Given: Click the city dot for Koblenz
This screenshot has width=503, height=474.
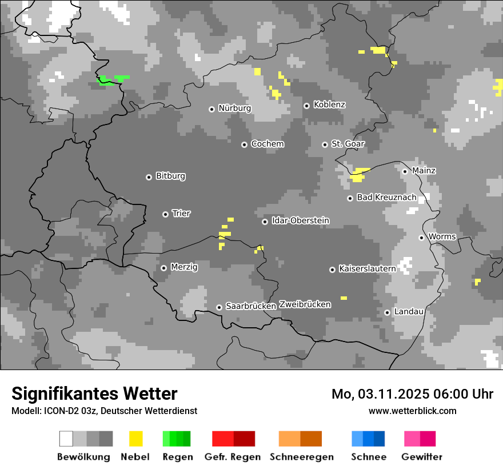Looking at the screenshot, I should coord(306,106).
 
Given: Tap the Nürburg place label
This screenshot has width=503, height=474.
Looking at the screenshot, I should coord(234,109).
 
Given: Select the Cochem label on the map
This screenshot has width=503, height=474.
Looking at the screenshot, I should coord(267,144).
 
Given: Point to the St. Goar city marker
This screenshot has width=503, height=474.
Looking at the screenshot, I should coord(325,144).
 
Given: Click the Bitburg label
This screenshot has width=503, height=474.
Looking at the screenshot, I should coord(170,176).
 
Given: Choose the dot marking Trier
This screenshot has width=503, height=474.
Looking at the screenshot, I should coord(165,214).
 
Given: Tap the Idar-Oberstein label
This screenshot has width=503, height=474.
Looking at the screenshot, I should coord(300,221).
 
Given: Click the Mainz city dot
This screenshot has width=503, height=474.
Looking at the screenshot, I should coord(405,171).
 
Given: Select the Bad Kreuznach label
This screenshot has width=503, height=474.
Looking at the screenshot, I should coord(386,198).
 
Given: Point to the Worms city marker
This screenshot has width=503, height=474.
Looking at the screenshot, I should coord(421,238).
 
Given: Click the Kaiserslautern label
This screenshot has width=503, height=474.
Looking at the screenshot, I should coord(367,269).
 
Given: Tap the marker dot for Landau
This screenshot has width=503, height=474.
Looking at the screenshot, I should coord(387,312).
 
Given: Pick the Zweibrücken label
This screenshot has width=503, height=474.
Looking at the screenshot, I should coord(305,305).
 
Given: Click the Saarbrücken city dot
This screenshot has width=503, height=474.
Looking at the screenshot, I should coord(219,307).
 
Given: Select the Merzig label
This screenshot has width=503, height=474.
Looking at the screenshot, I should coord(184,267).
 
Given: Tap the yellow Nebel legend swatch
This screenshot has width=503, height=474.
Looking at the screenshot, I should coord(135,439).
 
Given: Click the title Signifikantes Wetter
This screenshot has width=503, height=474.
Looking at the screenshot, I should coord(94,394).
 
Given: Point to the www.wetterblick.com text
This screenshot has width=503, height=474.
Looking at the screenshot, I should coord(412,411).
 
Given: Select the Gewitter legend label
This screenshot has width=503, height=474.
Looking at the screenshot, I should coord(421,457).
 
